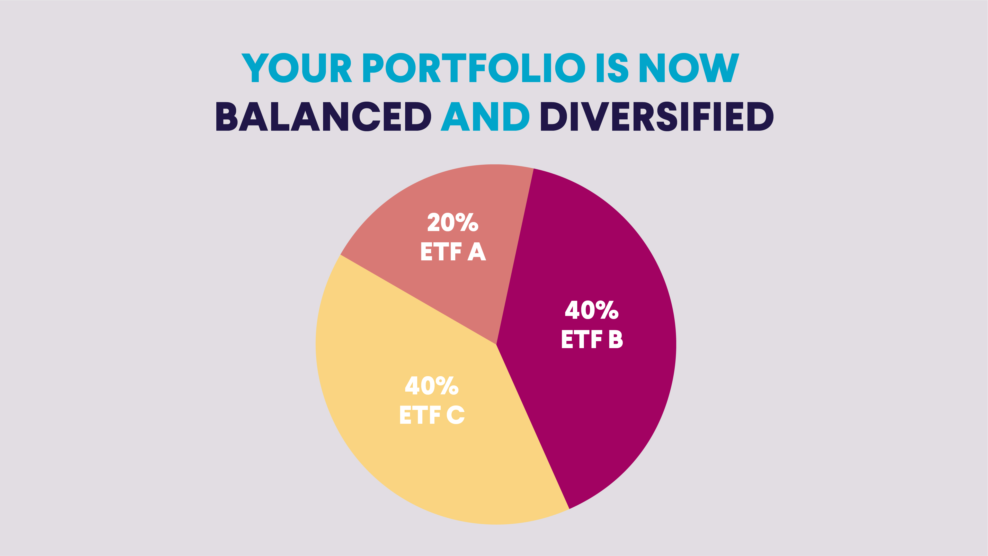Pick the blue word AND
[485, 116]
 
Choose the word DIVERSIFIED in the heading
[657, 116]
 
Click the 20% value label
[453, 222]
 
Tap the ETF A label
[453, 252]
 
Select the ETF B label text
[592, 339]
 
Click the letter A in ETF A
[477, 252]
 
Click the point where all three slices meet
[496, 344]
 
